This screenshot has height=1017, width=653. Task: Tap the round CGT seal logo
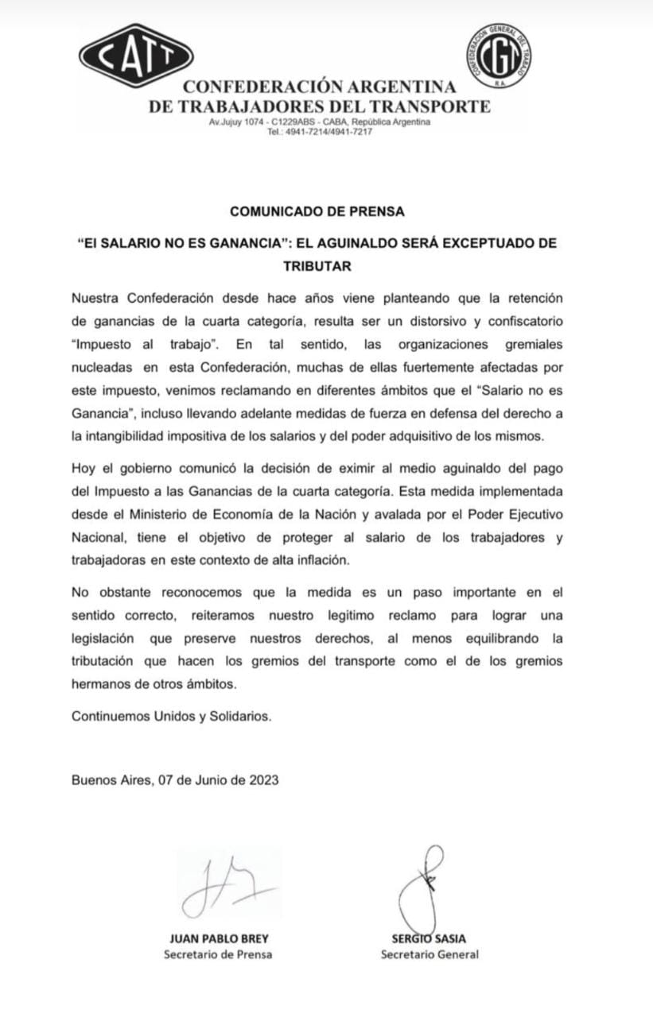coord(497,52)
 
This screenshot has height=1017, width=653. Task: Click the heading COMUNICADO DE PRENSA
coord(317,211)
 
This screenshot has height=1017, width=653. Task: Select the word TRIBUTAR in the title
coord(317,266)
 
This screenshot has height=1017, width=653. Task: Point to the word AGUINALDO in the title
coord(360,242)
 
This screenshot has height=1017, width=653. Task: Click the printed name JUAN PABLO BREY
coord(218,938)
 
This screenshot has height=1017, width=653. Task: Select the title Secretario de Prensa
coord(218,954)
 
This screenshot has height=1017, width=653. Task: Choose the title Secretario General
coord(430,954)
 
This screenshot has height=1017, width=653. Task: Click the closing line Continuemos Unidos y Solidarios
coord(172,715)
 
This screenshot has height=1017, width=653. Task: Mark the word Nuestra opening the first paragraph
coord(95,298)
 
